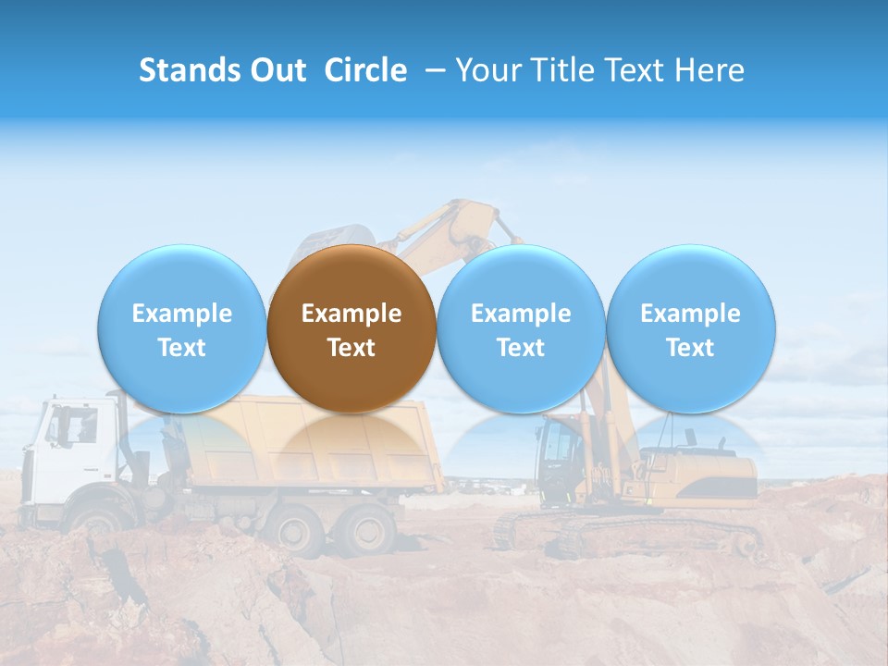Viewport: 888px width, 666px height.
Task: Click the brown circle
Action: (x=351, y=329)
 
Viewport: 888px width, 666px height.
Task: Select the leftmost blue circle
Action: (x=181, y=329)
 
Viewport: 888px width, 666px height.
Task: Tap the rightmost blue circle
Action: (x=690, y=329)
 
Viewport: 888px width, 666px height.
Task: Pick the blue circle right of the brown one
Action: (x=521, y=329)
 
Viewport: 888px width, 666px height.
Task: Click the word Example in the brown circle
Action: (x=351, y=314)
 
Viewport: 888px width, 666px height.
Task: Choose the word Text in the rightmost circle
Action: (x=690, y=348)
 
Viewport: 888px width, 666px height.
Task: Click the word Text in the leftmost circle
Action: (x=181, y=348)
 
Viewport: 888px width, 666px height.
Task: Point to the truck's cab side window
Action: (x=72, y=427)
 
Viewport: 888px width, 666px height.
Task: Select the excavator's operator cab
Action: (x=562, y=458)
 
